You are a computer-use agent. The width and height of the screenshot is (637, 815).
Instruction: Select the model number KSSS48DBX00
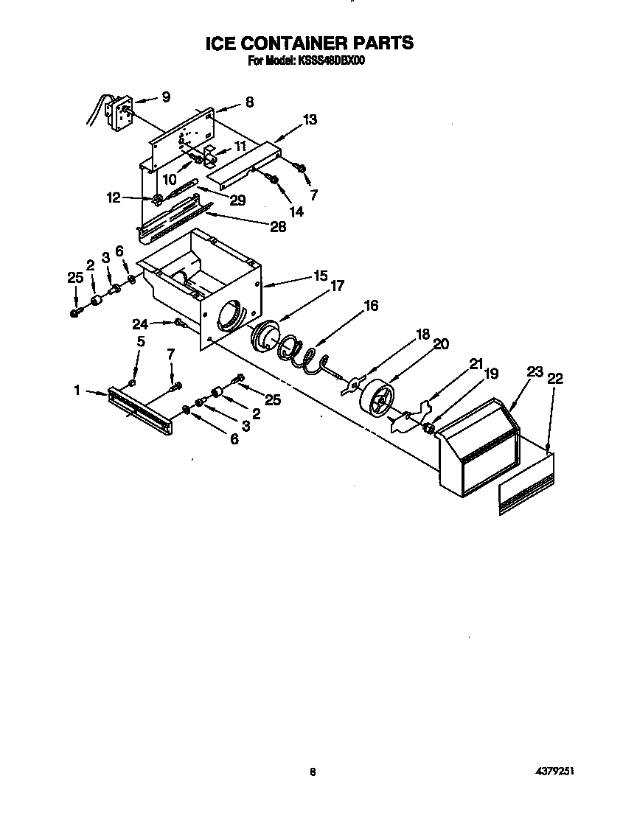330,61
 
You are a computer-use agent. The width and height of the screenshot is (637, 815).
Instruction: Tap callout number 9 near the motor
166,97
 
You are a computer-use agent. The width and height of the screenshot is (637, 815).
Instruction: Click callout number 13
310,119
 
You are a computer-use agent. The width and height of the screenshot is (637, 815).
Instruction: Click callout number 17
337,287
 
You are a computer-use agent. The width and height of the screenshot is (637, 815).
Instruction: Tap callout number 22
554,378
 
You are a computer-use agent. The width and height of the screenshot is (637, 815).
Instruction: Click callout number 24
139,323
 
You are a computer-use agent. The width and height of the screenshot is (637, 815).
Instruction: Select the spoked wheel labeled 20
377,398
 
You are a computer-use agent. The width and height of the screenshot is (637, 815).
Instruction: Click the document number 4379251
554,771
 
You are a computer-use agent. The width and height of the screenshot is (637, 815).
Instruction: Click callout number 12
113,197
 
